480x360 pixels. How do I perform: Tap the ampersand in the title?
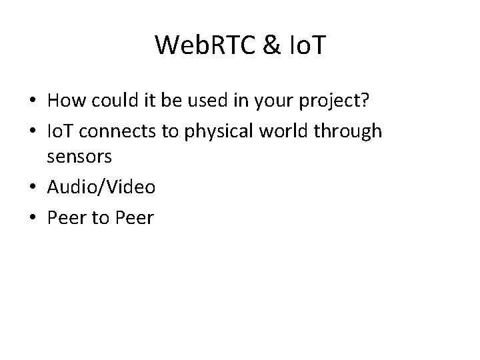(x=257, y=45)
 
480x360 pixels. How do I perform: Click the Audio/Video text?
(x=101, y=188)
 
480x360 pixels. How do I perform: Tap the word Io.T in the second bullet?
(x=63, y=132)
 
